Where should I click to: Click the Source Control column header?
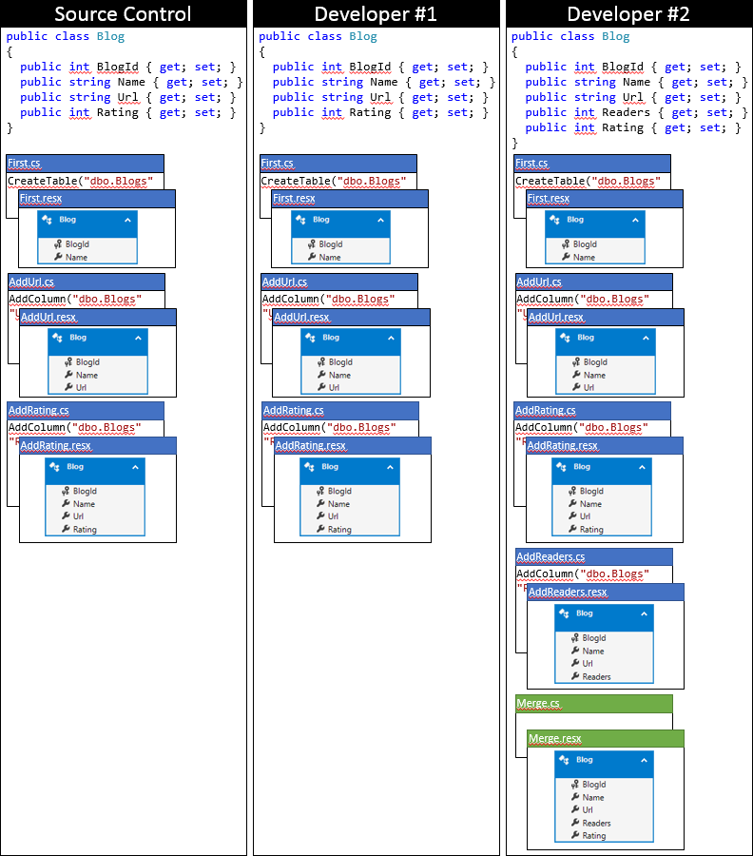[124, 13]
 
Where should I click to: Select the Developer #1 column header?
[376, 13]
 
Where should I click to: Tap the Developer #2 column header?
[628, 13]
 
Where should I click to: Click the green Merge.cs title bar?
[593, 704]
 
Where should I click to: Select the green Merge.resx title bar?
[606, 738]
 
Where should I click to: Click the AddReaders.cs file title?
[593, 556]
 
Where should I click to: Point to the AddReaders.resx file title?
[606, 592]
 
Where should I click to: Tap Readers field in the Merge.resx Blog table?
[596, 823]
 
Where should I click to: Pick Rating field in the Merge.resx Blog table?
[593, 836]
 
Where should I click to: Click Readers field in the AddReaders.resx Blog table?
[596, 677]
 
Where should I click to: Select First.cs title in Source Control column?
[85, 164]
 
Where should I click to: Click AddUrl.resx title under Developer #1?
[351, 317]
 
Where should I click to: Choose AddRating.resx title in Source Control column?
[98, 445]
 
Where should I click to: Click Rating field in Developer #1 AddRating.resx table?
[338, 530]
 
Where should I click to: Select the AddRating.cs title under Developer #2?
[592, 410]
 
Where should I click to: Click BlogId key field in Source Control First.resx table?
[77, 244]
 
